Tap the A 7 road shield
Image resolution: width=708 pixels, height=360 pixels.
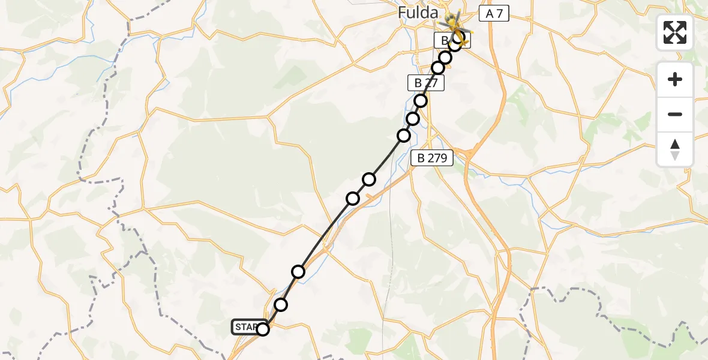point(493,14)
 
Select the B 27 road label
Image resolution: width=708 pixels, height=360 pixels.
point(425,83)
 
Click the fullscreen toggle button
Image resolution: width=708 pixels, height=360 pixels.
point(675,32)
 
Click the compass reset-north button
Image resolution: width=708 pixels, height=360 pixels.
point(675,149)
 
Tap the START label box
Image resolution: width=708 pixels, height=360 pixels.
point(246,327)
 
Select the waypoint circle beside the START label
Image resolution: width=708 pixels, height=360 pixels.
point(263,329)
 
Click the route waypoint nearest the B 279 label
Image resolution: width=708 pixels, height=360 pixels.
point(404,136)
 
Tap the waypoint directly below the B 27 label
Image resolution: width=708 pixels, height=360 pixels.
point(421,101)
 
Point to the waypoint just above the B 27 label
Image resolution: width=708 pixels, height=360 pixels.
point(438,68)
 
